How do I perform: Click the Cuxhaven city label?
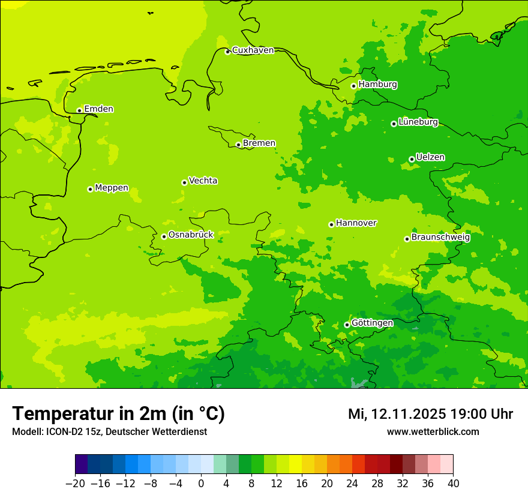253,50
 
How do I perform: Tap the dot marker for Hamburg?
354,86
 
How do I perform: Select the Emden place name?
98,109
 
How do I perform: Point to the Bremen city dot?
238,145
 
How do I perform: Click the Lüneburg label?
418,122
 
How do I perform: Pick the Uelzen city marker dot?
412,159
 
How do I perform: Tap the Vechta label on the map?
203,181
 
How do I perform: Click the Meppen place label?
112,188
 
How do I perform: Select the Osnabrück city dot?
164,236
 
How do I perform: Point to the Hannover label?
356,223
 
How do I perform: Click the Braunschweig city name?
440,238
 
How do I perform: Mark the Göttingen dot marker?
347,325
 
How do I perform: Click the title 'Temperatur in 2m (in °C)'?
118,414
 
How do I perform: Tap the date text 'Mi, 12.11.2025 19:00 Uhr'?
430,414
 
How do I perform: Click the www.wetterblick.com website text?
433,431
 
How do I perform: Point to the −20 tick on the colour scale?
75,484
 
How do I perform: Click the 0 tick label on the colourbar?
201,484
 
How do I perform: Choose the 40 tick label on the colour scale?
453,484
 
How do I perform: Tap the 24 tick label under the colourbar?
352,484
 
